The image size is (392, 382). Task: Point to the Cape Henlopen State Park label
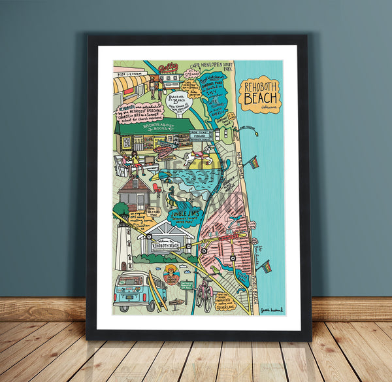[208, 66]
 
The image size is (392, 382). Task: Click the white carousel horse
[194, 156]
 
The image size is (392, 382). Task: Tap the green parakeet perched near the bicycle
[215, 269]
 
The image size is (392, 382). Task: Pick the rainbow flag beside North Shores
[253, 162]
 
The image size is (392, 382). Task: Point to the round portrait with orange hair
[172, 274]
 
